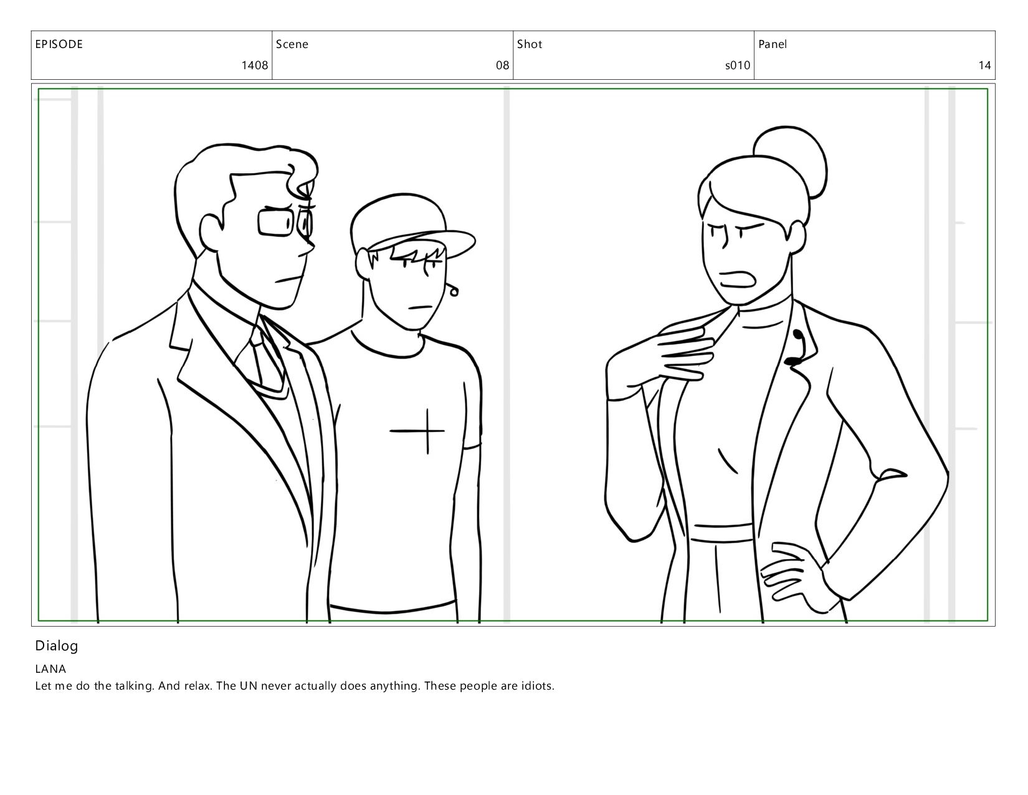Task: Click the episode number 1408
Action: click(255, 65)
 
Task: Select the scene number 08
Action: click(502, 65)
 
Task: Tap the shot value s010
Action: click(738, 65)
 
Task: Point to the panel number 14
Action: click(984, 65)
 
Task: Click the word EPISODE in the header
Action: click(59, 44)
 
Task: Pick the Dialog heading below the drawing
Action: click(56, 647)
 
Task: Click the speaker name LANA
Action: click(50, 669)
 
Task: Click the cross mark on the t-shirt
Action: click(427, 431)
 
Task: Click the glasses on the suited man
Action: click(285, 222)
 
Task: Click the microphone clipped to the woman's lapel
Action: click(796, 348)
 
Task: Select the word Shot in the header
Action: click(530, 44)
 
